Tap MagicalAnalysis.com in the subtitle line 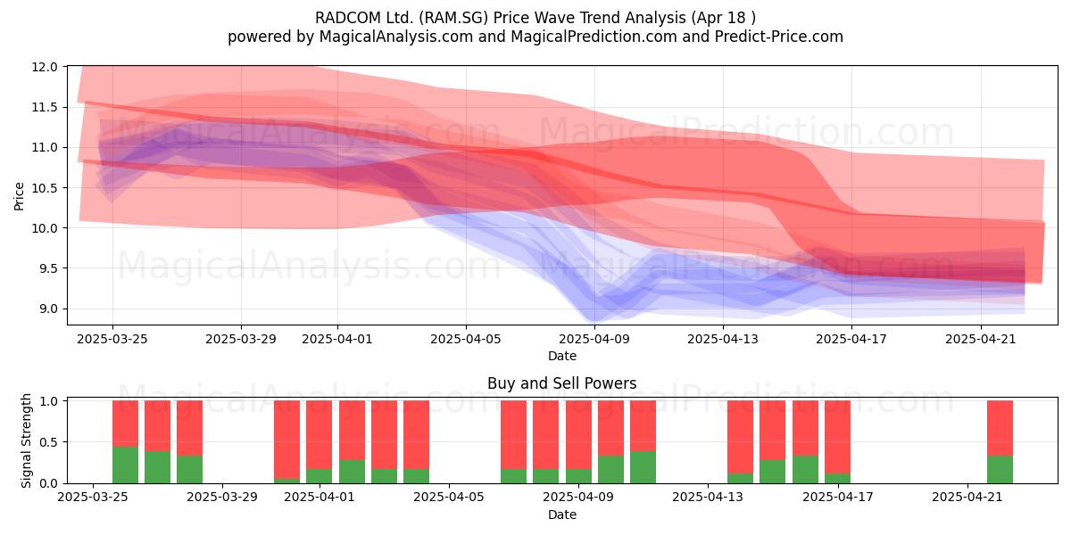pos(396,37)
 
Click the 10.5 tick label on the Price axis pos(45,188)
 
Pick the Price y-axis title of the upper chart pos(19,196)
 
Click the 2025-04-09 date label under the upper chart pos(594,339)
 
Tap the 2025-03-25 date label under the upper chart pos(112,339)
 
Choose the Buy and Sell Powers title pos(561,383)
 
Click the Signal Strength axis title pos(26,440)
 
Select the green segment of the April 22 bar pos(1000,470)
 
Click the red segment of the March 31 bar pos(286,440)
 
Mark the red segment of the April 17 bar pos(837,437)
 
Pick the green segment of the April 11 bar pos(643,467)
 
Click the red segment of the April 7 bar pos(513,435)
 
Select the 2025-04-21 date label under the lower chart pos(967,498)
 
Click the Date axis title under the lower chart pos(561,515)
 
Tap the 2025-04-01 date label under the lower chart pos(320,498)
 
